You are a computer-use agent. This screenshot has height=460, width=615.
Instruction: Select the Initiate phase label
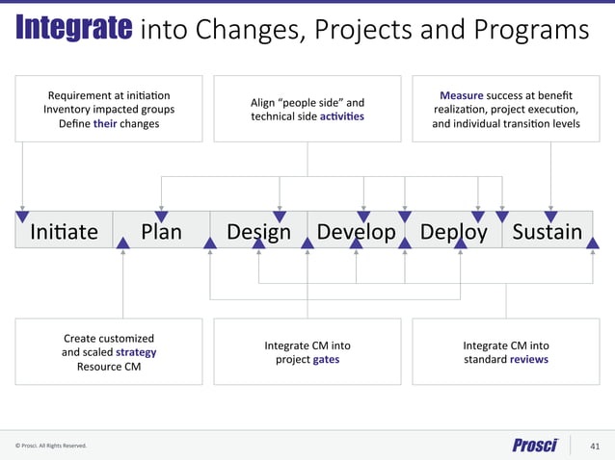coord(64,232)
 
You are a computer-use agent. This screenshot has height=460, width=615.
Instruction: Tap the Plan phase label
coord(161,232)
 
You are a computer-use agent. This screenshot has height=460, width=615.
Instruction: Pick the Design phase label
coord(258,232)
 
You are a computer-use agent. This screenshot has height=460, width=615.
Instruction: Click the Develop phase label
coord(356,232)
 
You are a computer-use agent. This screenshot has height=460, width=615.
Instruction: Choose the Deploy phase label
coord(453,232)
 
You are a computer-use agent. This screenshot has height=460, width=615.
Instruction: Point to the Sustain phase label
coord(547,232)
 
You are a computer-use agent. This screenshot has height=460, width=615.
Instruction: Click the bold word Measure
coord(461,96)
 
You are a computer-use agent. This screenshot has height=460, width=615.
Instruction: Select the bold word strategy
coord(136,352)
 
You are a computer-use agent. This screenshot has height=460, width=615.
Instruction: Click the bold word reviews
coord(529,359)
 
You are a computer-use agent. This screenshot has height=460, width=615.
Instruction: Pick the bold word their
coord(105,123)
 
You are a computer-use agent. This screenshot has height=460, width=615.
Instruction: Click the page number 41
coord(594,446)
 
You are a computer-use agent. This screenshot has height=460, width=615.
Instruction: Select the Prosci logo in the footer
coord(535,445)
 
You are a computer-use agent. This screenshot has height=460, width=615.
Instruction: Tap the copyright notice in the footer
coord(50,446)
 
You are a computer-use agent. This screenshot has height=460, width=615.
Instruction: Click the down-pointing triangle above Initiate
coord(22,216)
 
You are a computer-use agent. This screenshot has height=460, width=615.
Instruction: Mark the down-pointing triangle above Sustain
coord(550,216)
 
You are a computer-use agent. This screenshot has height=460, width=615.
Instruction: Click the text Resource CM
coord(108,367)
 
